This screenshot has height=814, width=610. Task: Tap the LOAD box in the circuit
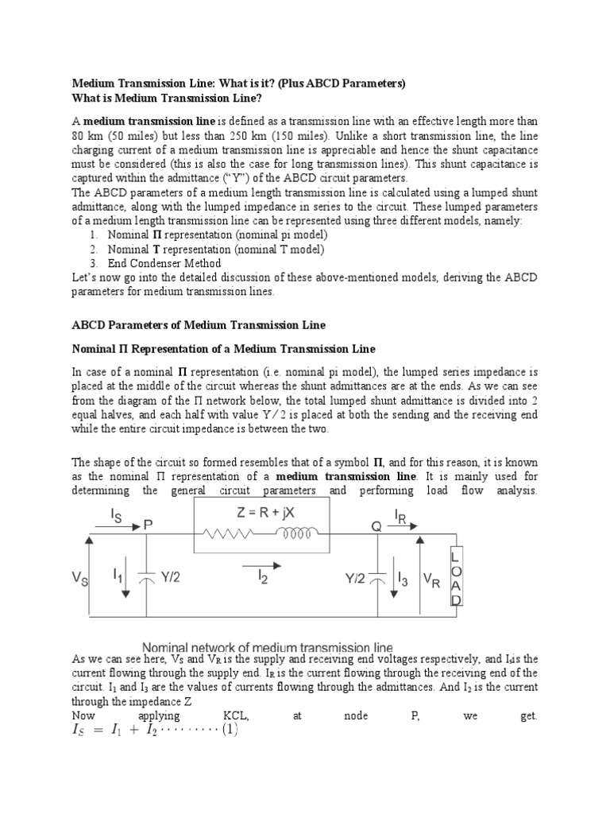[456, 575]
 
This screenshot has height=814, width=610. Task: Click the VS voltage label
[81, 579]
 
